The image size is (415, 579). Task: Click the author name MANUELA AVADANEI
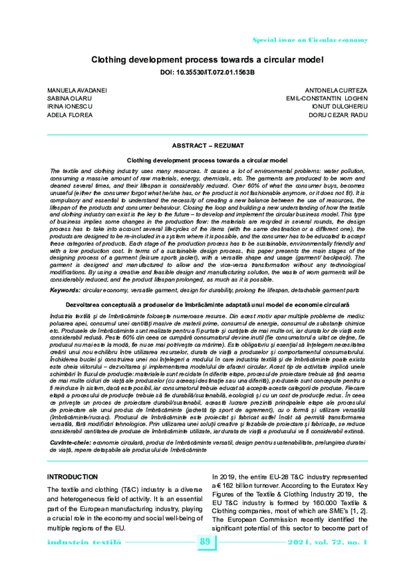[x=72, y=91]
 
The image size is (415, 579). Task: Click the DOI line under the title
[x=207, y=71]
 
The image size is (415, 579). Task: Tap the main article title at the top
[x=207, y=59]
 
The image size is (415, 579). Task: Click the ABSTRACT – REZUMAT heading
[x=207, y=145]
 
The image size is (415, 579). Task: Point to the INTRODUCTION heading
[x=76, y=477]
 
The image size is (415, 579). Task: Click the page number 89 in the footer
[x=205, y=560]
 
